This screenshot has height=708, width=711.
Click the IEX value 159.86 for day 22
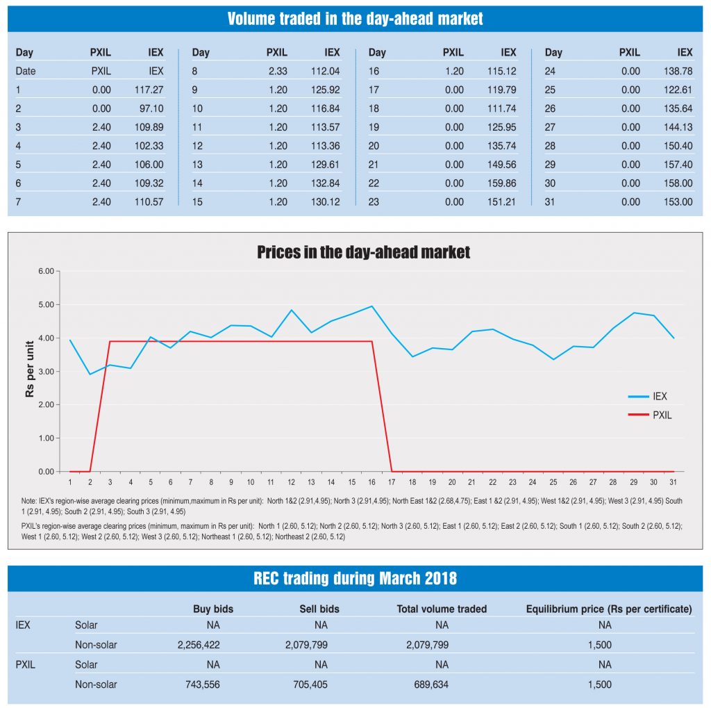tap(502, 183)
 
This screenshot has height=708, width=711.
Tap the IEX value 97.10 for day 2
tap(150, 108)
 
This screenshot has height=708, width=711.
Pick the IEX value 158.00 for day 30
tap(678, 183)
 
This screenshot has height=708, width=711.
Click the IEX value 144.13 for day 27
tap(678, 127)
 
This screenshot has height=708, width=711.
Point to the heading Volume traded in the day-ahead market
tap(355, 19)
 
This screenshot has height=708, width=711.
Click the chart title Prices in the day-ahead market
tap(363, 252)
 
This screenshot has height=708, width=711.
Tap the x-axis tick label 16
tap(372, 482)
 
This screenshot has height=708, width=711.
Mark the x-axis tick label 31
tap(673, 482)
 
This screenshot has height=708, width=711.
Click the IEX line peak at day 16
tap(372, 306)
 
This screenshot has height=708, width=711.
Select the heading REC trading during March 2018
tap(355, 579)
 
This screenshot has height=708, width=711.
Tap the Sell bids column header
tap(320, 609)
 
